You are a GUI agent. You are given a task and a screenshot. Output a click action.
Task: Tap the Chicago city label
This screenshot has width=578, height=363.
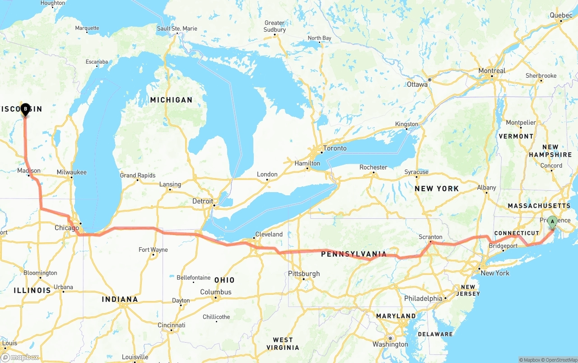coord(67,228)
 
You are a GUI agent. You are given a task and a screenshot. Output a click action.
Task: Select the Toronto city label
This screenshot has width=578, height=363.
coord(335,148)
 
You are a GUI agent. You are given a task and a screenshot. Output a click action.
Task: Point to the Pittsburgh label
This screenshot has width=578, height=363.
coord(304,273)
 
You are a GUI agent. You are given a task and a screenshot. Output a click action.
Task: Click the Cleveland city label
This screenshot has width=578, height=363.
coord(269,234)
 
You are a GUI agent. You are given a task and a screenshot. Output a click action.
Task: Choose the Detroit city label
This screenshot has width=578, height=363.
coord(202,201)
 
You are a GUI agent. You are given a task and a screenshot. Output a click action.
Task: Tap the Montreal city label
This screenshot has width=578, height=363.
coord(492,71)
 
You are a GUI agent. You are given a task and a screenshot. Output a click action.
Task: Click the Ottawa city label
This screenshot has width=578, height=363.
coord(417,85)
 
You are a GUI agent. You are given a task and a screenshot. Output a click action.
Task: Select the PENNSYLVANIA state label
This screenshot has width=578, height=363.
coord(354,254)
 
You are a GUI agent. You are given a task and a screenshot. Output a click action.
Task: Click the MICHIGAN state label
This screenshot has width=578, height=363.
coord(171,100)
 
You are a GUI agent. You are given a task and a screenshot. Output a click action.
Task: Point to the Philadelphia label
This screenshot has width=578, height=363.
coord(423,298)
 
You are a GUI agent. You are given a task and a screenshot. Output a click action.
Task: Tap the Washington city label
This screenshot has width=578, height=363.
coord(391,344)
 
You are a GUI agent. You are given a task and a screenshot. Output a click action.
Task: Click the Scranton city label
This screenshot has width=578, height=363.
coord(430,237)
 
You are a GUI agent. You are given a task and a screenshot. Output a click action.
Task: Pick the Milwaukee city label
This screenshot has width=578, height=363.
coord(71,172)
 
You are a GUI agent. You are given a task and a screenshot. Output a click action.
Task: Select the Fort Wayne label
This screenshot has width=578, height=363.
coord(153,250)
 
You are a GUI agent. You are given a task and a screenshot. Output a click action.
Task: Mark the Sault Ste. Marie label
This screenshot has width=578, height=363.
coord(177,28)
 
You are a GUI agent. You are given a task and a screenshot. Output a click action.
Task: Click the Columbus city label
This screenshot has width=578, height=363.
coord(216,292)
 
